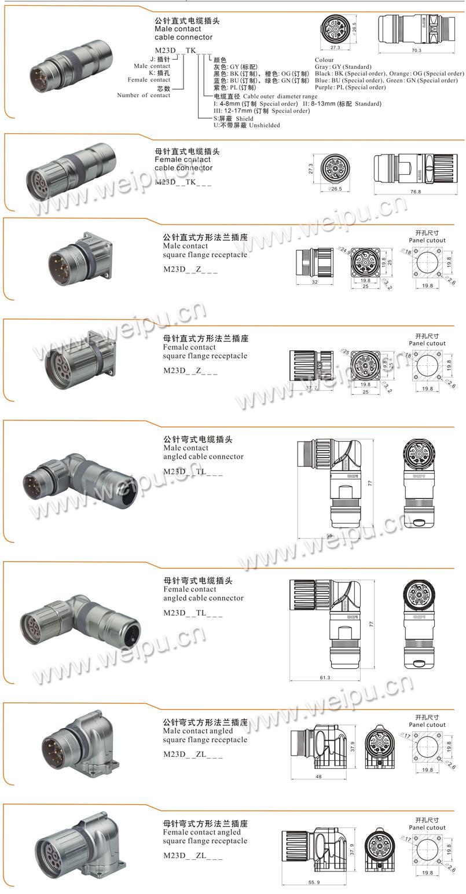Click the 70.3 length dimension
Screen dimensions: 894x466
[x=416, y=50]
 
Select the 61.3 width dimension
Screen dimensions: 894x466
[x=324, y=677]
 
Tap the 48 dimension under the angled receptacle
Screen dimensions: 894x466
[x=318, y=776]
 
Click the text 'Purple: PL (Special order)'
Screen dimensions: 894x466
[x=350, y=87]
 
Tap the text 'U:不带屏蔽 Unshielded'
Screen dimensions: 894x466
[x=247, y=125]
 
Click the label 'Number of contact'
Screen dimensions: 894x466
[x=144, y=96]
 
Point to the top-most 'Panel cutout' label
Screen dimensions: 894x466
[x=427, y=240]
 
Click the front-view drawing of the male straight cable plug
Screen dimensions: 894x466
[x=339, y=27]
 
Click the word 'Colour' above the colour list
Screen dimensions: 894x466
[x=324, y=60]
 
